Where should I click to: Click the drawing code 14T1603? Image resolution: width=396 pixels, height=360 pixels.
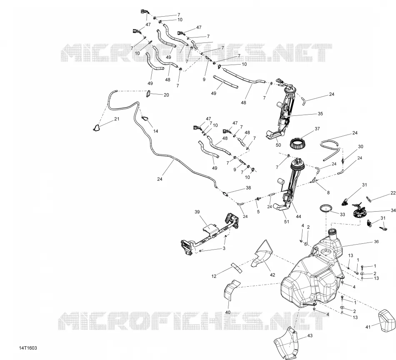[28, 348]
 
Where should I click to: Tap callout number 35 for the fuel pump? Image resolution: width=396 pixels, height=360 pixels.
[320, 114]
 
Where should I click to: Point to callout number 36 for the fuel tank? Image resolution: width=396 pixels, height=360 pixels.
[376, 242]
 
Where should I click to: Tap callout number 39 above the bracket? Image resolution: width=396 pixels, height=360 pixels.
[197, 212]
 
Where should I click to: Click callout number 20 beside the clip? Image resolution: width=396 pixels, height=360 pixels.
[166, 95]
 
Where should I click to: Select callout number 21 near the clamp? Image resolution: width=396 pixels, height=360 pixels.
[117, 119]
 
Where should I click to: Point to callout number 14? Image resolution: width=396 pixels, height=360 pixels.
[155, 131]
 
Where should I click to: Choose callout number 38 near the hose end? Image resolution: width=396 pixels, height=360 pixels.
[248, 188]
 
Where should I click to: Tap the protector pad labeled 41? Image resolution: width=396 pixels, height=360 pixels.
[387, 320]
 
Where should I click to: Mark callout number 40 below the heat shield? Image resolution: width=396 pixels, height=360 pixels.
[228, 312]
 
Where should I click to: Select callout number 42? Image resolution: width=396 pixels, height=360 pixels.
[273, 275]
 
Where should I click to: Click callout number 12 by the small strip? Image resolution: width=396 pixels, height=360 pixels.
[214, 276]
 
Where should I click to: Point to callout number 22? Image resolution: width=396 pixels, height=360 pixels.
[393, 193]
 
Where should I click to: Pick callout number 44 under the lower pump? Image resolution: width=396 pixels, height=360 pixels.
[298, 216]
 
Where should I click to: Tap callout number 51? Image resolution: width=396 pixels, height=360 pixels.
[286, 222]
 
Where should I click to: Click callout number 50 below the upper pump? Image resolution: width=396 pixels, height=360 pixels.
[278, 145]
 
